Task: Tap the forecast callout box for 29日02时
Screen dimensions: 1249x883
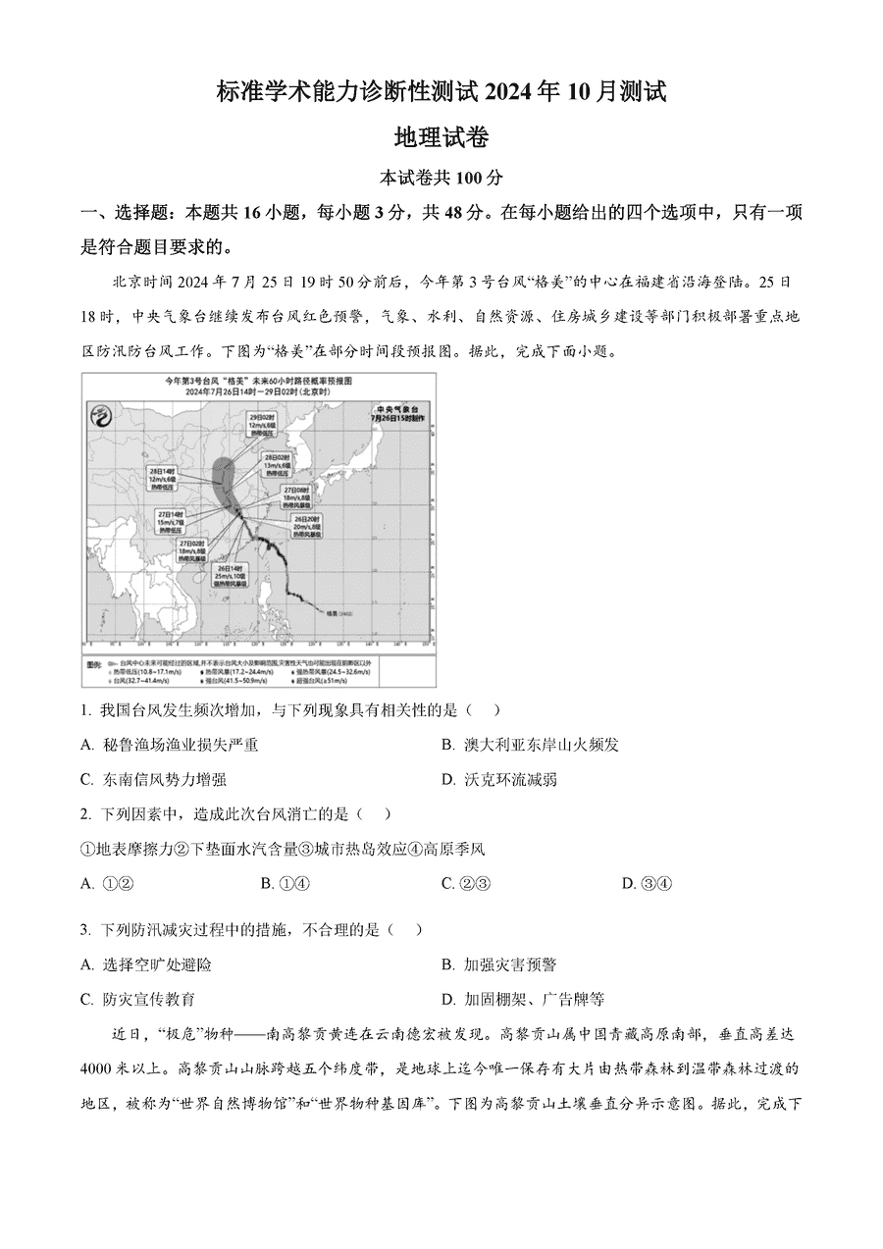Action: click(x=262, y=425)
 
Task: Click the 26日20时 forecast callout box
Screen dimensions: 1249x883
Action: click(x=307, y=527)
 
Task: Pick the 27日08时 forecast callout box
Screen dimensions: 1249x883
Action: click(x=297, y=496)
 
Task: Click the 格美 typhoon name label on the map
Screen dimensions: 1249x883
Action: click(x=337, y=613)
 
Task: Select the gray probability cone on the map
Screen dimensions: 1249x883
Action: click(x=225, y=476)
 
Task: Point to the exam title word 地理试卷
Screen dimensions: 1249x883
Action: click(x=441, y=137)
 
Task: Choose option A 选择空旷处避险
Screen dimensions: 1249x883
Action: click(x=146, y=964)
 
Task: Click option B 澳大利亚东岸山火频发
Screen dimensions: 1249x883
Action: click(x=530, y=745)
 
